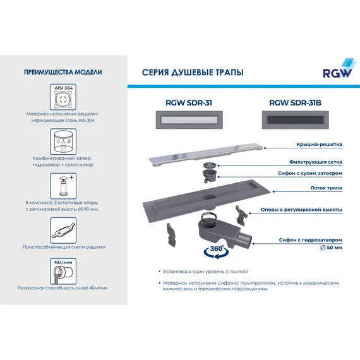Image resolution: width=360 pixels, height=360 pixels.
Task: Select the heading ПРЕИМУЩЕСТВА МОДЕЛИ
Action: (x=63, y=73)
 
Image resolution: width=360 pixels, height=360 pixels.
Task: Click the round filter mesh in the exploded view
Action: (x=210, y=165)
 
